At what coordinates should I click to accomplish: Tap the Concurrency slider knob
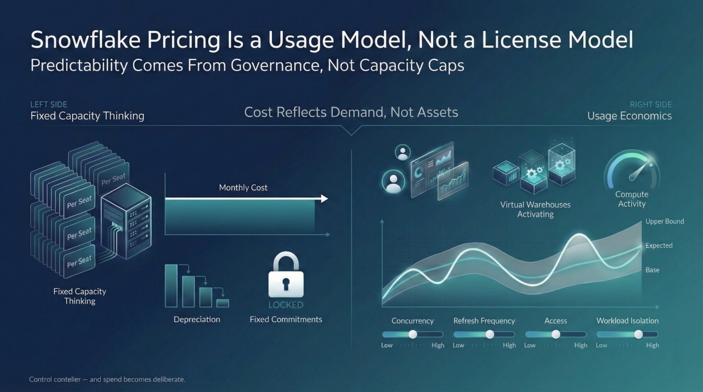(412, 334)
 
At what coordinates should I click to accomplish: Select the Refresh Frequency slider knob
(490, 334)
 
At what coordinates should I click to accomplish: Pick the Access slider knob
(556, 334)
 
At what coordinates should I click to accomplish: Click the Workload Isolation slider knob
(638, 334)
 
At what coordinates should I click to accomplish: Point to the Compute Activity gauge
(632, 170)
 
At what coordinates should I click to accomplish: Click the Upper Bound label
(665, 222)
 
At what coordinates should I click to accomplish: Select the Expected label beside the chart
(658, 245)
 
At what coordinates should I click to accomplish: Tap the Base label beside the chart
(652, 270)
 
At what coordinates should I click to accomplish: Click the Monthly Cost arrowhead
(324, 199)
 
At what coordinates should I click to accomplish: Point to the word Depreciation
(197, 319)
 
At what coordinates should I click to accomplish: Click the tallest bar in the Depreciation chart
(171, 286)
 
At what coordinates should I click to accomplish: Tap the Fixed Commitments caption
(286, 319)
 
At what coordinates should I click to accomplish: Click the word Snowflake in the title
(86, 40)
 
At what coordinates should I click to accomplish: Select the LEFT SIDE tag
(49, 104)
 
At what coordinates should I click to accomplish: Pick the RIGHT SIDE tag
(651, 104)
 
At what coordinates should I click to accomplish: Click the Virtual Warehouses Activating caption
(535, 209)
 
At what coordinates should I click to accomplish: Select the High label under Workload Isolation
(652, 345)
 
